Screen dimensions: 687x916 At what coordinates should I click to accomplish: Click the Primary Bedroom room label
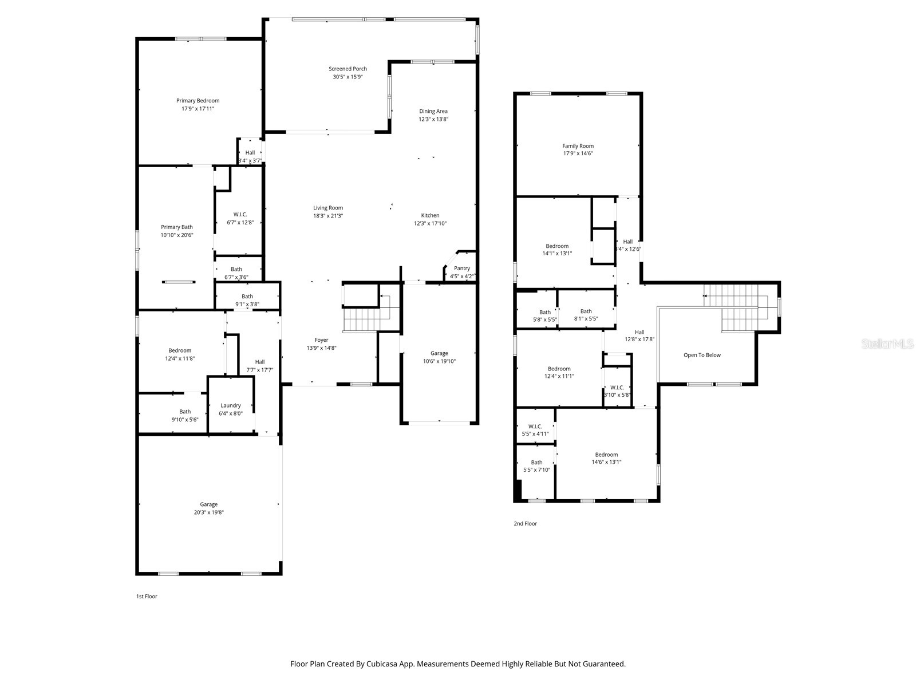(198, 101)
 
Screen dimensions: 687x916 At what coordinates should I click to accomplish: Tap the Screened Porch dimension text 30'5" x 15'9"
(348, 77)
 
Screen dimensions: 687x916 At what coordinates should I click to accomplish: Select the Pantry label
(462, 268)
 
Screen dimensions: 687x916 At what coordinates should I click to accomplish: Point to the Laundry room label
(231, 405)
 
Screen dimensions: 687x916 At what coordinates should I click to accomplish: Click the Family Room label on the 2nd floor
(578, 146)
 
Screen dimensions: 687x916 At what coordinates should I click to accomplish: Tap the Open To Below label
(702, 355)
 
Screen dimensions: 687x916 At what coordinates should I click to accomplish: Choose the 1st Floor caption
(147, 597)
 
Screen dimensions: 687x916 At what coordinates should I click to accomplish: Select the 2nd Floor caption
(525, 523)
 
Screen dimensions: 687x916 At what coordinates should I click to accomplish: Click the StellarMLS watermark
(887, 344)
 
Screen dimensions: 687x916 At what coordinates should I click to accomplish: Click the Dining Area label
(433, 111)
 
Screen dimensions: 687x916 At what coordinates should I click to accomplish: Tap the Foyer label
(321, 340)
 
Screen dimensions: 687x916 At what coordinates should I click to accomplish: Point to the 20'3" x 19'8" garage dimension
(208, 512)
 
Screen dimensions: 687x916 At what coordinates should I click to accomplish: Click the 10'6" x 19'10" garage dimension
(439, 361)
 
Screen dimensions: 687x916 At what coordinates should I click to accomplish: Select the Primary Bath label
(177, 227)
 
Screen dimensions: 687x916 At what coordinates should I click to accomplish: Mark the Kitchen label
(431, 215)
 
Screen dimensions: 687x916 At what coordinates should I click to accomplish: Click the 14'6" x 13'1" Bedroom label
(606, 455)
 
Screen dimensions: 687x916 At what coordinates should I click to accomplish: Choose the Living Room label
(328, 208)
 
